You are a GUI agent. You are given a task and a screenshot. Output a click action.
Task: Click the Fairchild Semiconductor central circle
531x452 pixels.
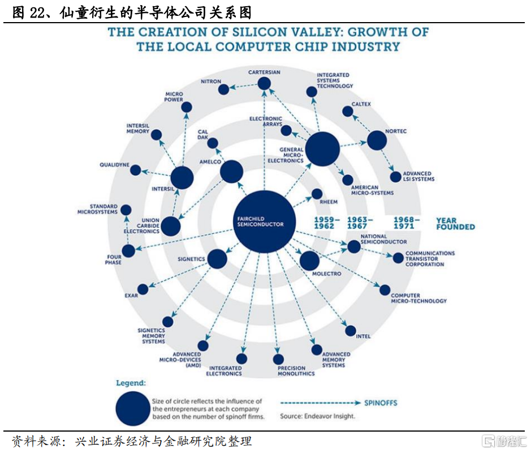[x=265, y=221]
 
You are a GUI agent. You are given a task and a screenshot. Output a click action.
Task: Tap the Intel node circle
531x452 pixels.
[x=351, y=331]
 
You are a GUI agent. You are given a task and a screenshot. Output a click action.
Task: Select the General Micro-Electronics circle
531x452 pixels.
[x=322, y=149]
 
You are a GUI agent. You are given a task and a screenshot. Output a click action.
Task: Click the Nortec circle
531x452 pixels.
[x=377, y=140]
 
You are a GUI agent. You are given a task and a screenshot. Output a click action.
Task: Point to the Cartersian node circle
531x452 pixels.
[x=264, y=84]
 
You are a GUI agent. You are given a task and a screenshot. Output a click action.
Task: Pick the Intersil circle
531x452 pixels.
[x=182, y=178]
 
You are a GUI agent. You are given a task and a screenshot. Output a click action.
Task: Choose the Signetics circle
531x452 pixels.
[x=217, y=259]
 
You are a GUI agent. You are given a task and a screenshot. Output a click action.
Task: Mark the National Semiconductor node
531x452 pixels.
[x=353, y=246]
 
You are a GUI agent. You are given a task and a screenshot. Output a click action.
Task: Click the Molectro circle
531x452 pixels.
[x=309, y=261]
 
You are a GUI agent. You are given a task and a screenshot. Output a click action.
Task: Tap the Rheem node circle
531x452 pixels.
[x=317, y=194]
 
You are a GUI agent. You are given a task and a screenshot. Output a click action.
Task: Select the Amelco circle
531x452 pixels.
[x=231, y=172]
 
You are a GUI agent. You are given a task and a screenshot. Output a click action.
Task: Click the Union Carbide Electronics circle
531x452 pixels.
[x=171, y=226]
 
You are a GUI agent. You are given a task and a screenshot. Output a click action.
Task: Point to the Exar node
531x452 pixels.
[x=143, y=289]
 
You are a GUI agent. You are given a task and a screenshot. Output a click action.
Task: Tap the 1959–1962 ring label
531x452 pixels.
[x=327, y=223]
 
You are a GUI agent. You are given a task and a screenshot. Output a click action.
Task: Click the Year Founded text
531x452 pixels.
[x=455, y=224]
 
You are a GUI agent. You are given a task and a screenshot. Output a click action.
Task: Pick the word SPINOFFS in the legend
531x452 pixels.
[x=381, y=403]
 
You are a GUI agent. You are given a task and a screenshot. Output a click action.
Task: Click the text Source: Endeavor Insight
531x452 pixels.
[x=318, y=416]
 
